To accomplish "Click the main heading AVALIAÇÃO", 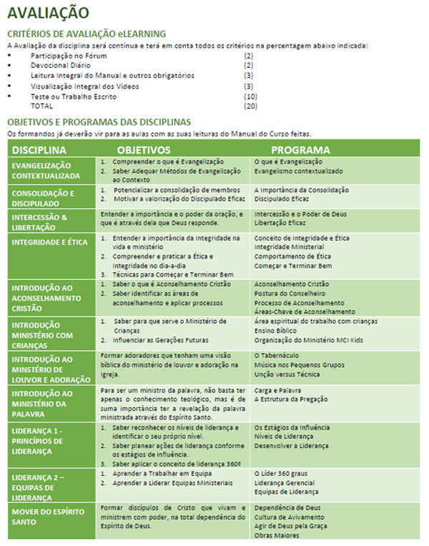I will pyautogui.click(x=48, y=13).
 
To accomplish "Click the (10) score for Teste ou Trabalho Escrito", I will pyautogui.click(x=250, y=96).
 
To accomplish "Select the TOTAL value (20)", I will pyautogui.click(x=250, y=106).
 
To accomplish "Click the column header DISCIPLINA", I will pyautogui.click(x=39, y=150).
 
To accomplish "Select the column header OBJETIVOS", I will pyautogui.click(x=144, y=150).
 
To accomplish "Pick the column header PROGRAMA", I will pyautogui.click(x=300, y=150).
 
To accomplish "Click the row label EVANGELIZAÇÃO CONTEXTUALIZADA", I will pyautogui.click(x=46, y=170).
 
